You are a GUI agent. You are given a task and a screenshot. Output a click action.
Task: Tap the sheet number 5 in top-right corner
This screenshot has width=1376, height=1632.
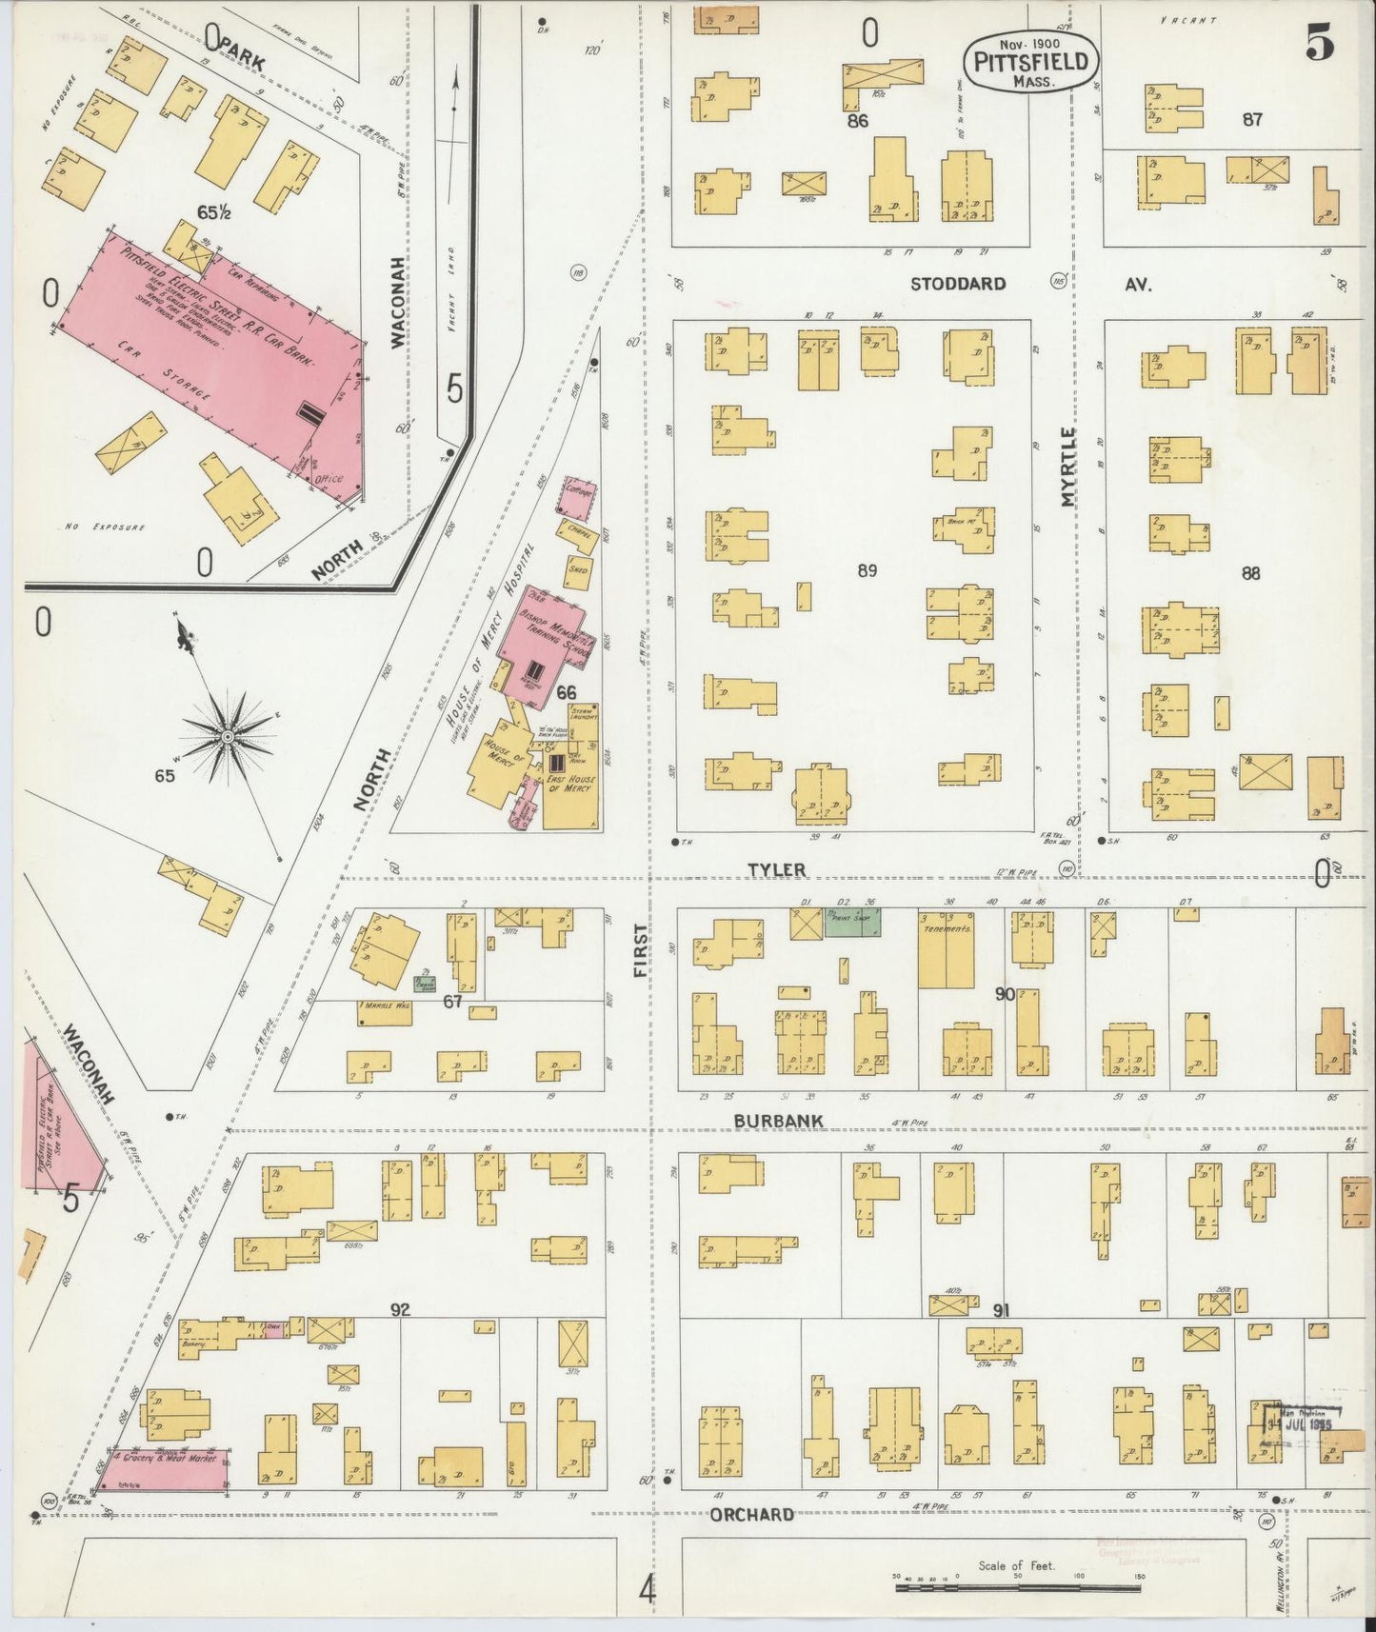tap(1319, 45)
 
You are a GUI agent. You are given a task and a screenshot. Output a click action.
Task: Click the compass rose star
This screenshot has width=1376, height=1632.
tap(229, 736)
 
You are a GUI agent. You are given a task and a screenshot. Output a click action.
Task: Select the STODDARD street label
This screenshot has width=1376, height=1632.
tap(957, 284)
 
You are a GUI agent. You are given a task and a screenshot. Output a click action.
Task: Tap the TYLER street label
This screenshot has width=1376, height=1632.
tap(776, 869)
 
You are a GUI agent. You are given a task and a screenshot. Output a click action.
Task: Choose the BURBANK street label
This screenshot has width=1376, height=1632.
tap(778, 1122)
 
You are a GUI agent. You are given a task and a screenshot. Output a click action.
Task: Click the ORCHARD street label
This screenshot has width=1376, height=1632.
tap(751, 1514)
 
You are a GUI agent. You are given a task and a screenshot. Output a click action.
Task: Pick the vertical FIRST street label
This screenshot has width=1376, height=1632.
tap(640, 951)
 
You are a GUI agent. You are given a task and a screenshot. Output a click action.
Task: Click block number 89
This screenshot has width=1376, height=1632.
tap(866, 571)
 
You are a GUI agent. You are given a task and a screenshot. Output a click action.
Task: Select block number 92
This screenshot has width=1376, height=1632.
tap(399, 1310)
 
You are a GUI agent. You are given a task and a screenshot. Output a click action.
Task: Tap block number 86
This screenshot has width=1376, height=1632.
tap(857, 121)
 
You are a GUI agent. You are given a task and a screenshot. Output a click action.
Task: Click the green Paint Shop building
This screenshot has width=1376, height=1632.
tap(852, 922)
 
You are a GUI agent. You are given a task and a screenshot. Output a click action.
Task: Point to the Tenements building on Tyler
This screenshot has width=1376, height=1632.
tap(946, 948)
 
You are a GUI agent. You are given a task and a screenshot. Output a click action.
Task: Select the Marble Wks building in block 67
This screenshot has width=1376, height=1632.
tap(385, 1012)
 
